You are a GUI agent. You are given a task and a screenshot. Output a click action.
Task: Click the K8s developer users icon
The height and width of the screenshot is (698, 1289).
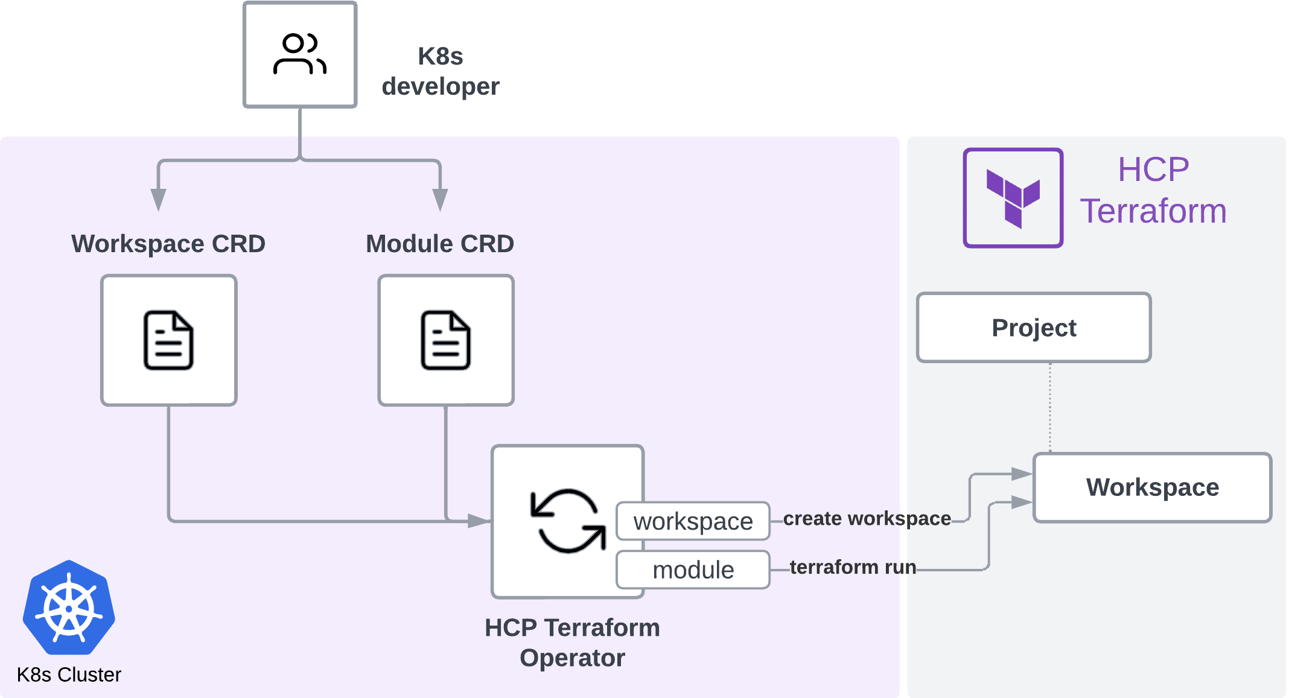300,54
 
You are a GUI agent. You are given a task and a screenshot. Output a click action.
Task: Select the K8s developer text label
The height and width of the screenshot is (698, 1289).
441,71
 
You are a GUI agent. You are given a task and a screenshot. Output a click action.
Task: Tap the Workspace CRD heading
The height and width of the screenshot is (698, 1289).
168,244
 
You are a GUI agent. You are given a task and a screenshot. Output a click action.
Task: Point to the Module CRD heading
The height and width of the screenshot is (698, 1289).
440,244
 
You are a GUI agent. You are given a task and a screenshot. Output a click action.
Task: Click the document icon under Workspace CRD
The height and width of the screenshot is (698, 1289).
168,340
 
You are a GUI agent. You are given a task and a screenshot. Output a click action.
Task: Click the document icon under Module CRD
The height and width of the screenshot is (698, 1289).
446,340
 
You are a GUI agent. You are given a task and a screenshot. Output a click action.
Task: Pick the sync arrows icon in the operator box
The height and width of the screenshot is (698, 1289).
568,521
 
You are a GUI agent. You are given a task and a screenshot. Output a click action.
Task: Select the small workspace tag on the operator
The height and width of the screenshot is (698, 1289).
693,521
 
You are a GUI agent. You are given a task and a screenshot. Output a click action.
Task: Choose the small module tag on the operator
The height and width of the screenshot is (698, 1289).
693,570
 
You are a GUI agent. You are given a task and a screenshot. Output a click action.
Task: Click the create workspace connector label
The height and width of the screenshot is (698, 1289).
867,518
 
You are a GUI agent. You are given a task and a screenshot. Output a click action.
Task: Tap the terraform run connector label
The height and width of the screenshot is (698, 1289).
853,567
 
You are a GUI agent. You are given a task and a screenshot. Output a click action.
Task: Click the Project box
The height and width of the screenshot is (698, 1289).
1034,328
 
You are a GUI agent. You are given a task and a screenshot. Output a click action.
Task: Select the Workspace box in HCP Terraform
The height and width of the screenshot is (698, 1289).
1152,487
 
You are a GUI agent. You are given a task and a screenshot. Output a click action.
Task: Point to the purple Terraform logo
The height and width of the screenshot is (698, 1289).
1013,198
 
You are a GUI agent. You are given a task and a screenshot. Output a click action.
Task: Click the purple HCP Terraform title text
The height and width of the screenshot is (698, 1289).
1153,190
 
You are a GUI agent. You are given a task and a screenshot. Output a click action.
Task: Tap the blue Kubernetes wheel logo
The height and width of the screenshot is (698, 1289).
69,608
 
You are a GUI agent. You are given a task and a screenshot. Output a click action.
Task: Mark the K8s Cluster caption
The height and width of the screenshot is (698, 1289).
69,674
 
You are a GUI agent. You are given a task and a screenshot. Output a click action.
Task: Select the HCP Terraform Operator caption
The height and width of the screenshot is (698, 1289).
572,642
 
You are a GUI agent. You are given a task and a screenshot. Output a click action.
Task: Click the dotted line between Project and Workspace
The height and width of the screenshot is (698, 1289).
1050,407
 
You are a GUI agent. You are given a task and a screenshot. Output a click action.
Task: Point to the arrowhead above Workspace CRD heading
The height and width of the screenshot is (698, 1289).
158,199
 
